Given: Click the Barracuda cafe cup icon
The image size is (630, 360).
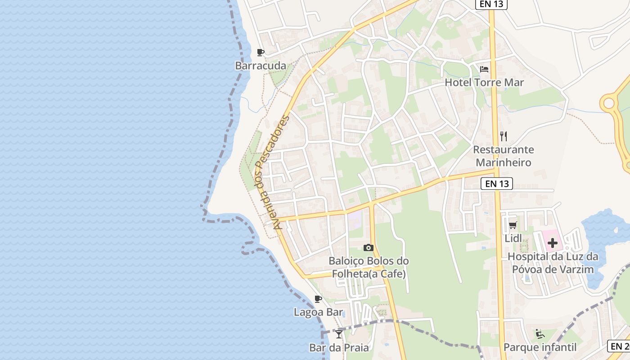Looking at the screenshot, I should pos(260,53).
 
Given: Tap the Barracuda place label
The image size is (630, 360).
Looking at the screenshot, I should pos(261,66).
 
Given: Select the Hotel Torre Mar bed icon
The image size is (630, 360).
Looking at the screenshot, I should pos(484,69).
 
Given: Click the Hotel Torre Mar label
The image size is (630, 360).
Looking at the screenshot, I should pos(484,83).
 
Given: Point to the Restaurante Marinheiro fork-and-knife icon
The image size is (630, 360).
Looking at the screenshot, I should pos(504,136).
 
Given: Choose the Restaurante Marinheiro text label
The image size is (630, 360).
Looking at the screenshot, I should pos(504,156).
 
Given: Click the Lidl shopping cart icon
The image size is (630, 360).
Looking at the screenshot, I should pos(513,225).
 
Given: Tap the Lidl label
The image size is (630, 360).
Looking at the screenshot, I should pos(513,238).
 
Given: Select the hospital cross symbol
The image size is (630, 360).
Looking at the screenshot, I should pos(553,243).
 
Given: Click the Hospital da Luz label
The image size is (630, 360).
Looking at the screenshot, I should pos(553,263).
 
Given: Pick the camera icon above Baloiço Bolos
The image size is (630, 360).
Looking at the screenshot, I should pos(369,247).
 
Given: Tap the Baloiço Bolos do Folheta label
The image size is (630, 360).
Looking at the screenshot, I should pos(369,267).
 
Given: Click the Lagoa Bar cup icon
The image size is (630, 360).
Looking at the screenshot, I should pos(318,299).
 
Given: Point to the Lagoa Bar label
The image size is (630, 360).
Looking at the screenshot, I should pos(318,312).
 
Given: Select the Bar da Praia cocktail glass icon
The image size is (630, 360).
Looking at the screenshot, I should pos(339,334).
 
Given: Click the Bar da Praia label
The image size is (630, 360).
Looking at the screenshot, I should pos(339,347).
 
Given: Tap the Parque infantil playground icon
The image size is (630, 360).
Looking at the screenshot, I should pos(540,334).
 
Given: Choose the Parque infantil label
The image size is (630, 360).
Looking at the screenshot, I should pos(540,347).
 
